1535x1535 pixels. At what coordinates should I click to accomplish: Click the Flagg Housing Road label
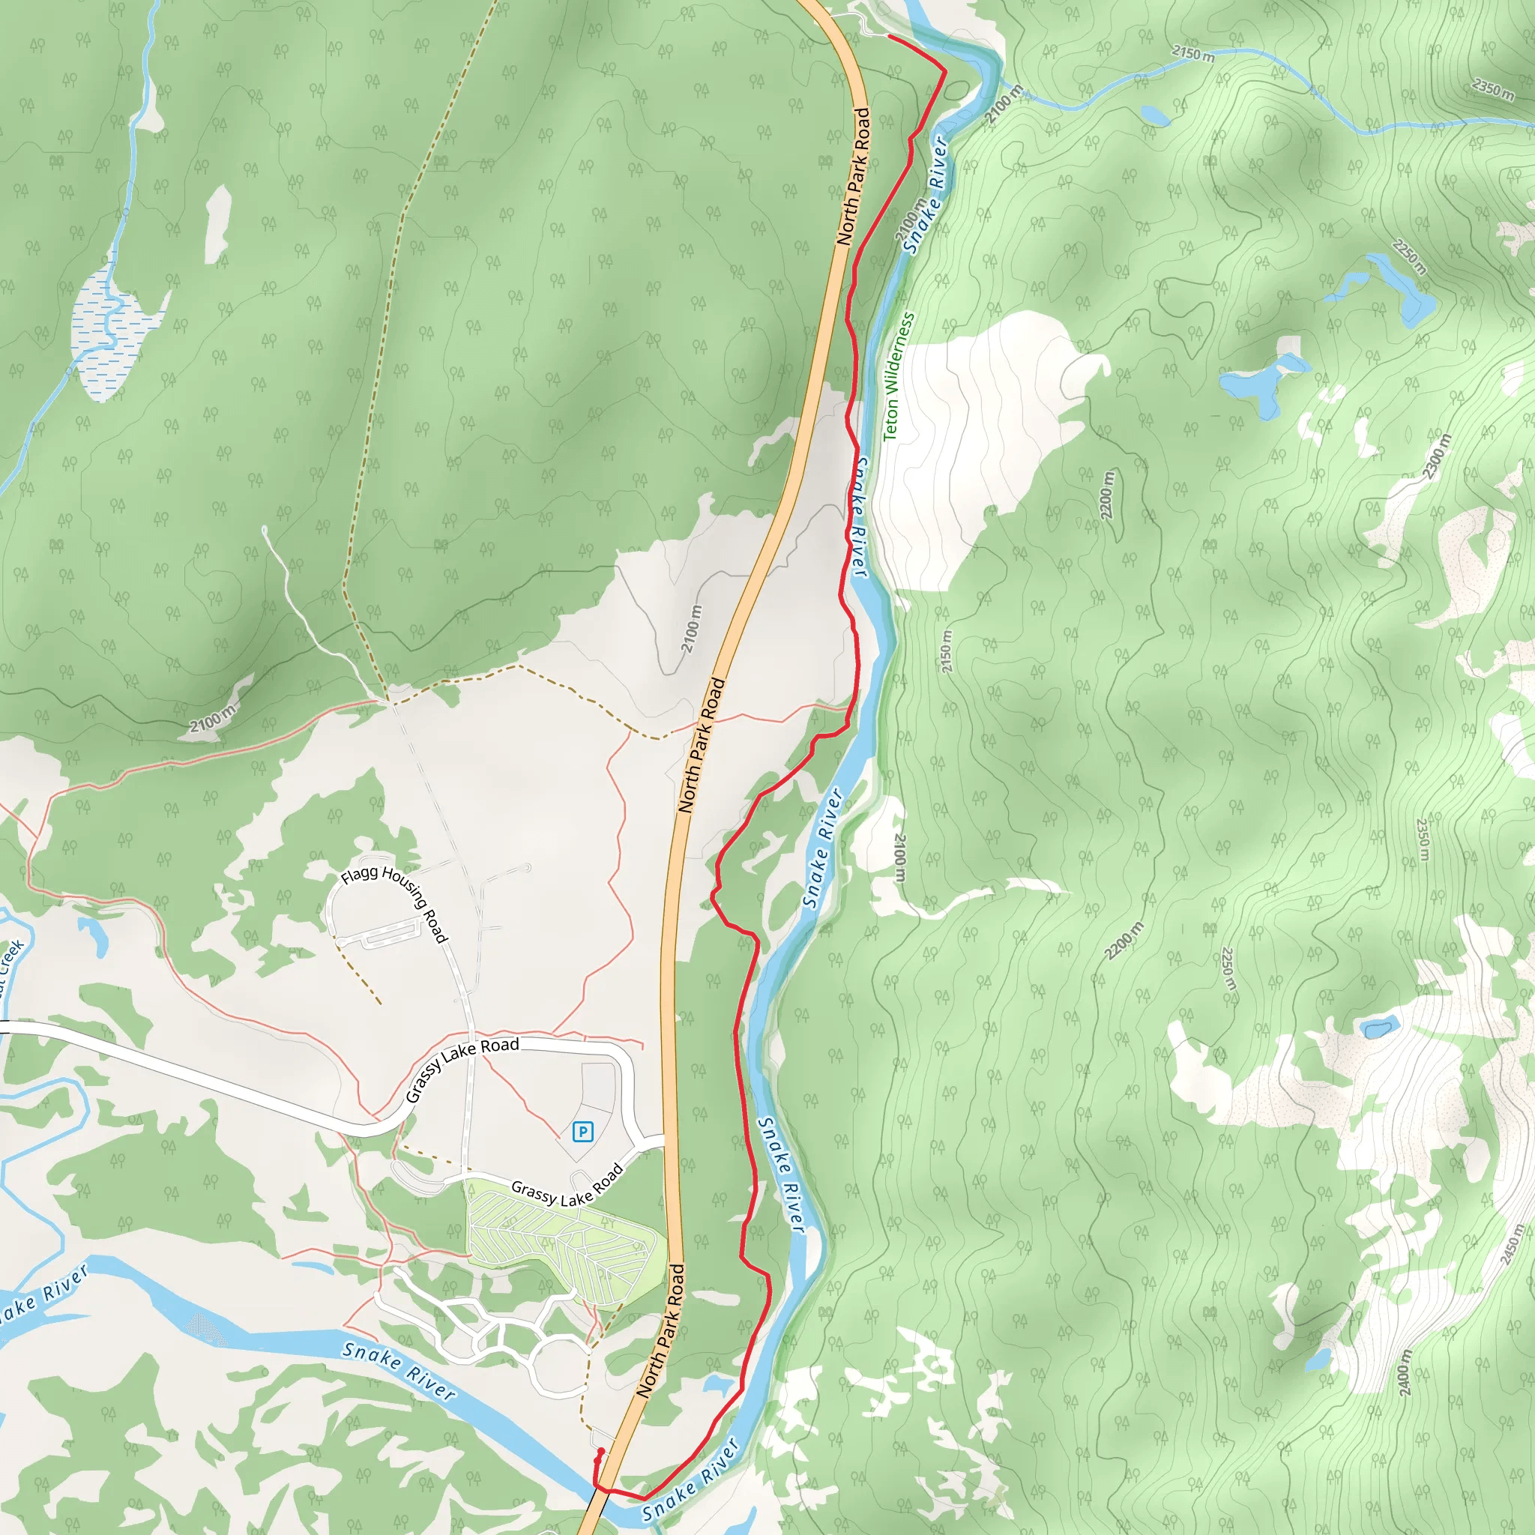[x=396, y=904]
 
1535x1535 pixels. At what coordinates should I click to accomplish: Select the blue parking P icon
[x=583, y=1130]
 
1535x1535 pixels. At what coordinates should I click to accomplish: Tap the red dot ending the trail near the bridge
[x=600, y=1452]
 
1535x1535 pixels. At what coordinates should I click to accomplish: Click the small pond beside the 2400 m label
[x=1318, y=1360]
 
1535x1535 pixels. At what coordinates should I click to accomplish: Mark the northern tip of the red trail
[x=889, y=37]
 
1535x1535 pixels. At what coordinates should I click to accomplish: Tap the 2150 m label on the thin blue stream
[x=1192, y=54]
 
